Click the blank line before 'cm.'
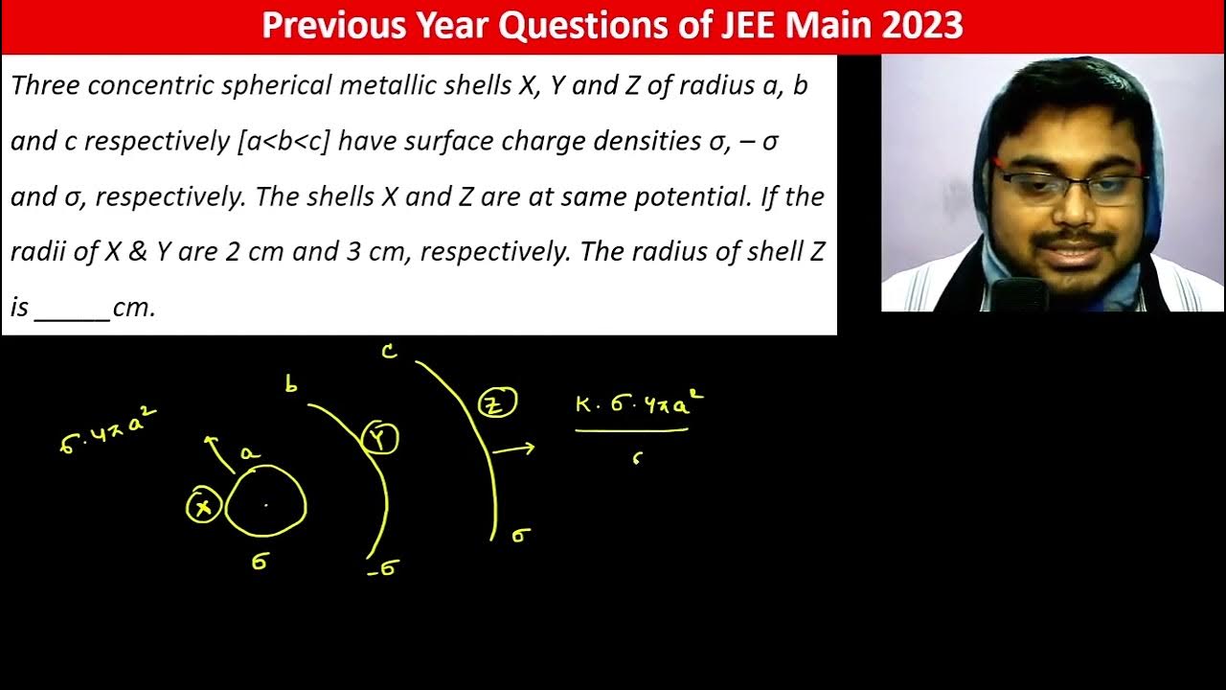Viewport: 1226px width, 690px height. (x=72, y=309)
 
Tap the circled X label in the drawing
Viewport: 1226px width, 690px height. (x=203, y=506)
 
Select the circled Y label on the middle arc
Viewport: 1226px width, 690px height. (x=379, y=439)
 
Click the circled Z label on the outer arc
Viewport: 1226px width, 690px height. (x=496, y=404)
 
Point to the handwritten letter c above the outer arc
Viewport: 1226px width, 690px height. (x=389, y=352)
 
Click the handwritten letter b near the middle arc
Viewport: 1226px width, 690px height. (x=291, y=385)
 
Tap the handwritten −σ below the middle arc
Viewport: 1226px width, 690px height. (x=382, y=569)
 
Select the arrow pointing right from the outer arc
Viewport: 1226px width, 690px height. (x=515, y=448)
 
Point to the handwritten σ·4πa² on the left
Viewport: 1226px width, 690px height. (x=107, y=432)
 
